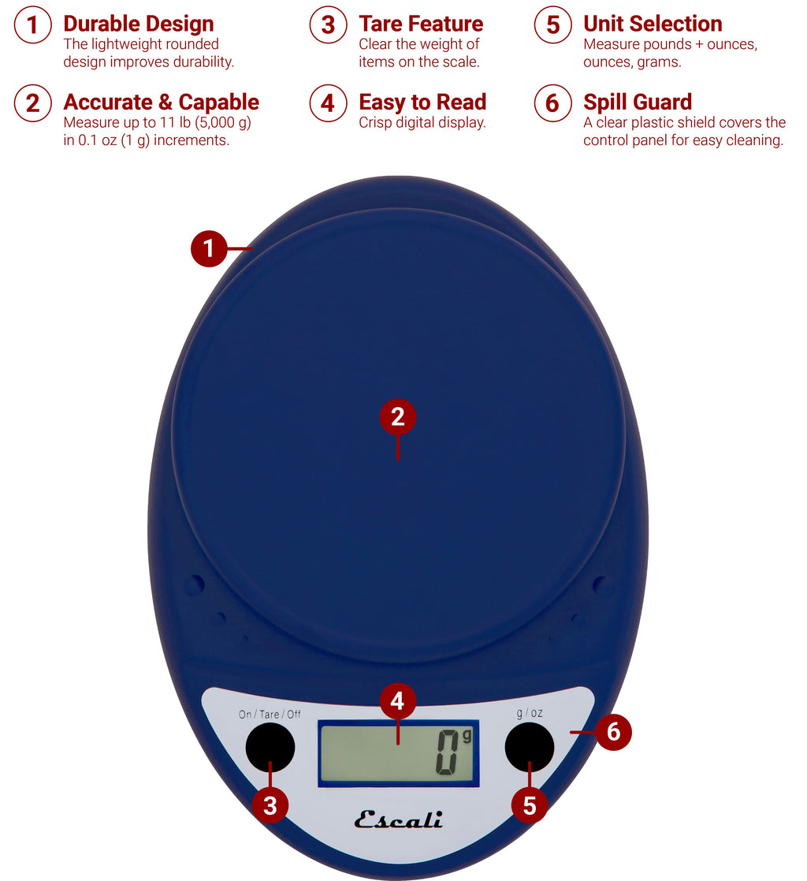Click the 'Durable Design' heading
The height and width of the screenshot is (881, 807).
pos(138,24)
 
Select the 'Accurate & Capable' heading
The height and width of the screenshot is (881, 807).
pos(161,102)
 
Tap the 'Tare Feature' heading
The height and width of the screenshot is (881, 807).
pos(421,24)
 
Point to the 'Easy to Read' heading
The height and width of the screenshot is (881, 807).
pos(422,102)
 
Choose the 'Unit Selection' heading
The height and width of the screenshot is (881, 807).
pos(653,24)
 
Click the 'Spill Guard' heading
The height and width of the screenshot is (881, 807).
pos(638,102)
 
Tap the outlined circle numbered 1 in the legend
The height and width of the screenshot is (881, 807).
pos(32,25)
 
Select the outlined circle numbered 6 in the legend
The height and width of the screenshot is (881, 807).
pos(552,103)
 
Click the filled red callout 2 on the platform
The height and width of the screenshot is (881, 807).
pos(398,417)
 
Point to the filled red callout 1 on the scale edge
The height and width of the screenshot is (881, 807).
pos(209,249)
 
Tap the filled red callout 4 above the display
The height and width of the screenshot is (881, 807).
pos(398,701)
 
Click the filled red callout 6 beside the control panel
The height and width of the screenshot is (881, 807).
pos(613,733)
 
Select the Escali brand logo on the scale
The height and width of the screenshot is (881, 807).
pos(398,819)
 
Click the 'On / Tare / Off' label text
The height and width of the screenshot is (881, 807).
pos(270,715)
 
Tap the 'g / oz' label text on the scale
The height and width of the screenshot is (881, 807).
pos(529,713)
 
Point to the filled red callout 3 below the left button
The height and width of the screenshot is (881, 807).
pos(270,805)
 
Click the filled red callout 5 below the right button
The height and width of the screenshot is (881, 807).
pos(530,805)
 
